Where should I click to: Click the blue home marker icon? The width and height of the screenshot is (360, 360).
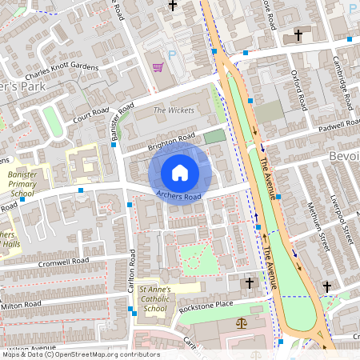180,172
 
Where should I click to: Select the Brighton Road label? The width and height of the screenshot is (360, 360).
171,142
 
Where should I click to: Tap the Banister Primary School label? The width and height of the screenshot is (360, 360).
21,183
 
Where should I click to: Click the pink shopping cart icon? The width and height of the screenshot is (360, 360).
158,67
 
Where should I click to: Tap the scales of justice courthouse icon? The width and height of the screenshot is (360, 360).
241,323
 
